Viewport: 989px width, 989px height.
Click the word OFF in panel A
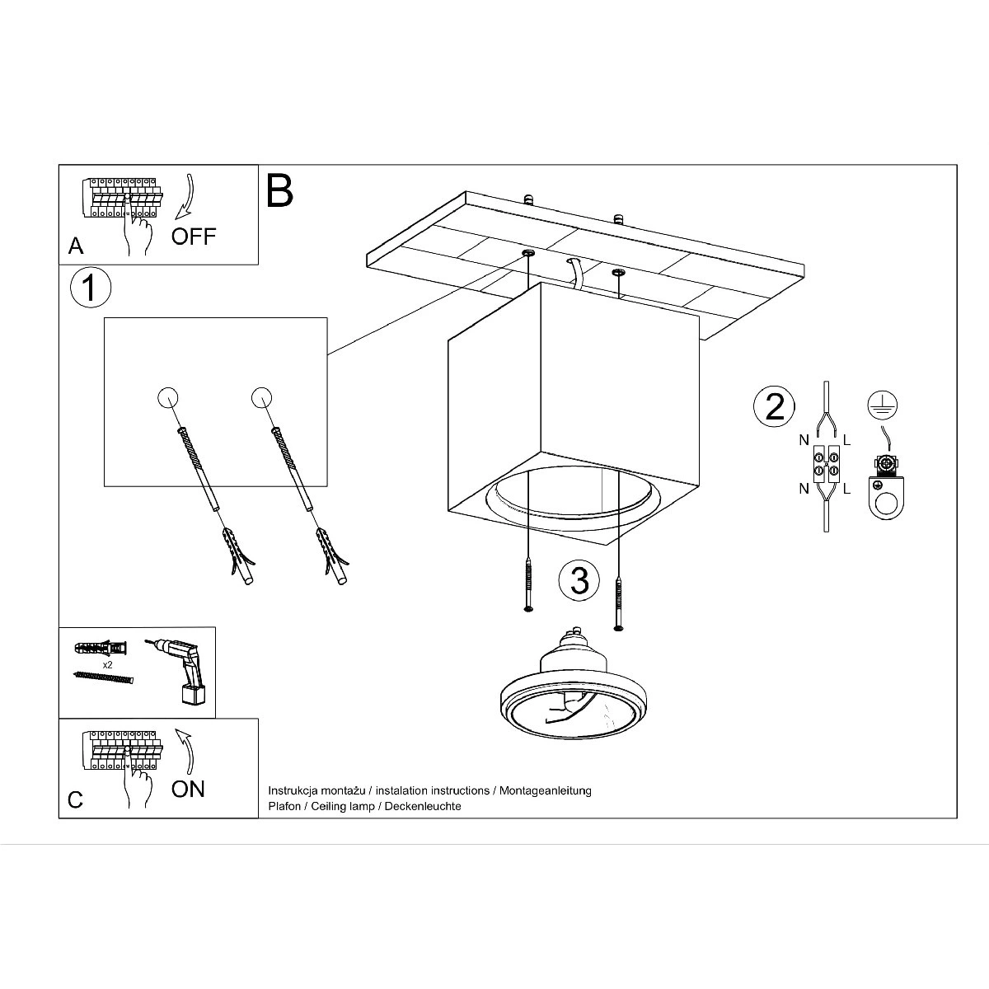[194, 237]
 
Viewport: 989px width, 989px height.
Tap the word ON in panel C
[189, 789]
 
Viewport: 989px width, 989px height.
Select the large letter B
[279, 190]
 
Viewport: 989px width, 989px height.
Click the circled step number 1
[91, 288]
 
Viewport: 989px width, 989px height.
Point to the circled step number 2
[774, 406]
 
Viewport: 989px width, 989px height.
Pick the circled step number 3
[579, 580]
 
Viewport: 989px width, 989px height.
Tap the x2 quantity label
[107, 664]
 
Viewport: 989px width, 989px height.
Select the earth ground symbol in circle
[882, 405]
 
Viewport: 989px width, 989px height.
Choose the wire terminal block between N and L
[826, 463]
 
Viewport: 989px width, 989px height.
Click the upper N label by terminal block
[804, 440]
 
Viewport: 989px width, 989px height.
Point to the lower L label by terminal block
[847, 489]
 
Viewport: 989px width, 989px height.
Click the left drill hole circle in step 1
[167, 396]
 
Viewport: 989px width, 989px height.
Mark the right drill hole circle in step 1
[262, 396]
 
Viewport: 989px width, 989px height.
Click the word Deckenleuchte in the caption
[423, 806]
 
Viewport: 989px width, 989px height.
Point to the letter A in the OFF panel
[76, 246]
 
